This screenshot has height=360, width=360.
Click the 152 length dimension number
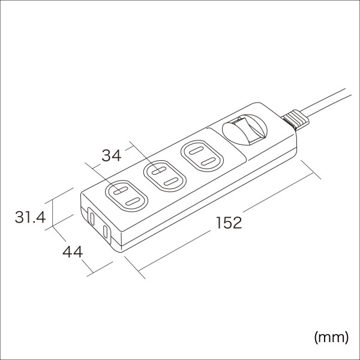tap(229, 223)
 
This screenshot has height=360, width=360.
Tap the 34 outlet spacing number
tap(110, 156)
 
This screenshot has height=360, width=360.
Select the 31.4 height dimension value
tap(30, 217)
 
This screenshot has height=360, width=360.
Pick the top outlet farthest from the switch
tap(125, 196)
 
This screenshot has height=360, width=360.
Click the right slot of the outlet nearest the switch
tap(208, 160)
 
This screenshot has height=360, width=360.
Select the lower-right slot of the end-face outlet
tap(106, 232)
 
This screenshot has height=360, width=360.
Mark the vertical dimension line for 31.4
tap(53, 213)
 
